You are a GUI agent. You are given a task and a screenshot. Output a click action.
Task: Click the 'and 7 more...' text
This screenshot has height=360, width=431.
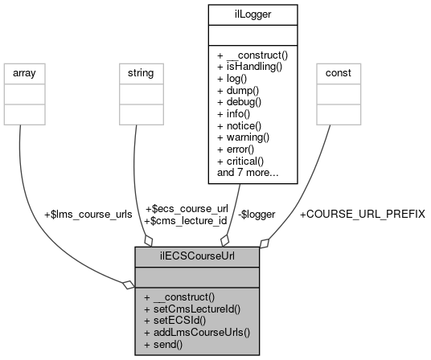pyautogui.click(x=248, y=171)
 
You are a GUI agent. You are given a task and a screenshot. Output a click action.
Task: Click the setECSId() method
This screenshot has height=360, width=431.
pyautogui.click(x=176, y=319)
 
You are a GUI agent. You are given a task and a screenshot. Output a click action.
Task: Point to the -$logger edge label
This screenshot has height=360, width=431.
pyautogui.click(x=257, y=214)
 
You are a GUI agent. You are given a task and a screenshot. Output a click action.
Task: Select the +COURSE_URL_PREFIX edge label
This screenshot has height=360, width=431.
pyautogui.click(x=362, y=214)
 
